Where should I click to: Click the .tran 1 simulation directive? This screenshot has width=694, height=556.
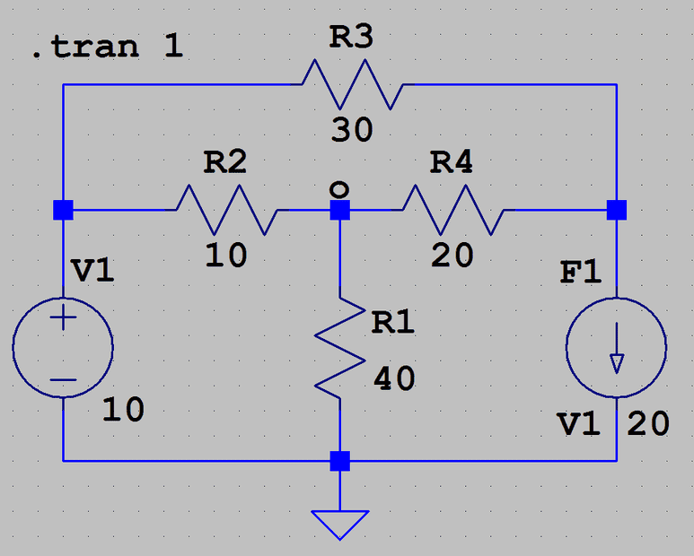107,47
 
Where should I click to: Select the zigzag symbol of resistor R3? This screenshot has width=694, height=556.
352,84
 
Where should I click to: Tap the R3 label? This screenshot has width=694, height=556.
351,39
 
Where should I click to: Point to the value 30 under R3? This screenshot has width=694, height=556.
351,130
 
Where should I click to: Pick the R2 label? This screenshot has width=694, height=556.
225,162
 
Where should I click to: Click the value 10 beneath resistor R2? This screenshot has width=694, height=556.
225,256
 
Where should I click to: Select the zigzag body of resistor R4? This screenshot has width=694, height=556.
452,210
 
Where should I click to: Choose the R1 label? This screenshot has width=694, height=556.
393,322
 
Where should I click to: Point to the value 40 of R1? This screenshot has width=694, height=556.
393,379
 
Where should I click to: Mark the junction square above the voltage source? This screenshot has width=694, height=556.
64,210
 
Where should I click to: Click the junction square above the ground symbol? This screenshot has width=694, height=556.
340,462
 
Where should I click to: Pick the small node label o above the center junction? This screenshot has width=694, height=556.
338,189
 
